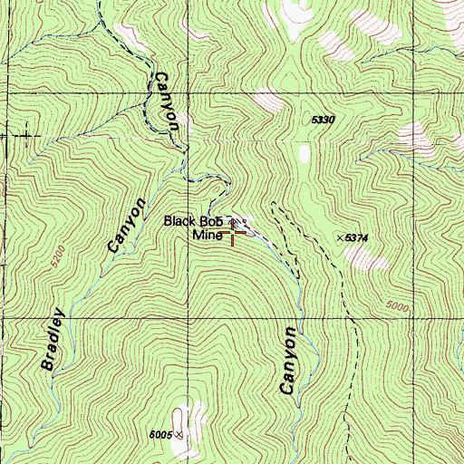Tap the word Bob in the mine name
213,221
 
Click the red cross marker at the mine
235,232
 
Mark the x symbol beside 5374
342,237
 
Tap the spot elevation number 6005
161,436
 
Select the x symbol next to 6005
179,435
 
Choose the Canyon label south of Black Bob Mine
289,360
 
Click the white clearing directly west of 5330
267,98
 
